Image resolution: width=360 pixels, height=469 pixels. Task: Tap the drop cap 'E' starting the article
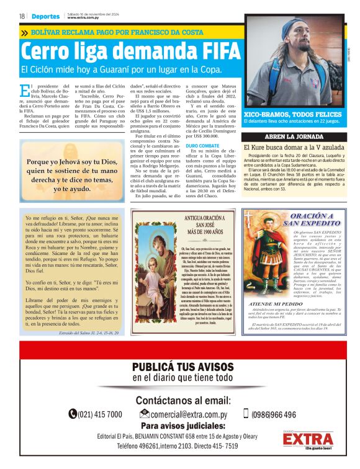click(24, 91)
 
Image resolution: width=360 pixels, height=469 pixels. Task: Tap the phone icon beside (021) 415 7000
click(73, 414)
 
